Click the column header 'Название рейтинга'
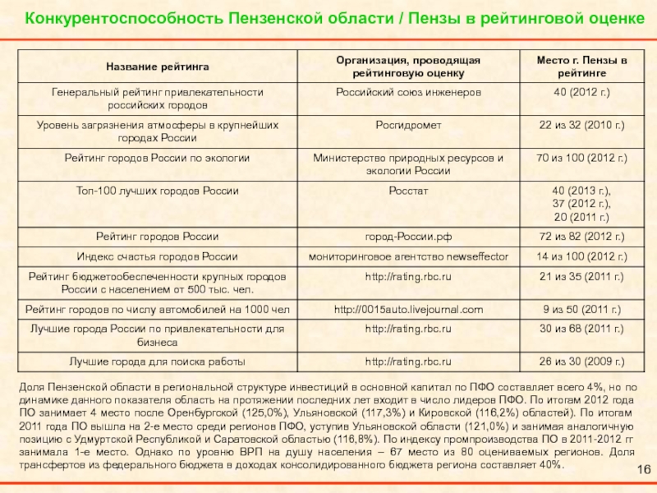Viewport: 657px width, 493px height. coord(157,64)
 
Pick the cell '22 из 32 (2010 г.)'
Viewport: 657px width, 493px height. coord(581,125)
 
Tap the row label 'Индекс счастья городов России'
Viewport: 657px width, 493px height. coord(157,257)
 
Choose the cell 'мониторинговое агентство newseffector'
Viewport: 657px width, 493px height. coord(408,257)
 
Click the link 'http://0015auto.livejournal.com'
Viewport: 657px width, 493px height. coord(408,310)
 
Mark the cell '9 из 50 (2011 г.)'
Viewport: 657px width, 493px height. coord(581,310)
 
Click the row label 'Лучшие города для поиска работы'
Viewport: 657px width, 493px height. coord(157,361)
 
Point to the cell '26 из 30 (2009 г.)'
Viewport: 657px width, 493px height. coord(581,361)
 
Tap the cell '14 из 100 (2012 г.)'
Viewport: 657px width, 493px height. coord(581,257)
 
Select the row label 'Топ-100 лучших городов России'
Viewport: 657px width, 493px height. coord(157,191)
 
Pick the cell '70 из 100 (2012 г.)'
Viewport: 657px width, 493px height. coord(581,157)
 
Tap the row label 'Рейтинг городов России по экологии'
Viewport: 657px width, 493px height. coord(157,157)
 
